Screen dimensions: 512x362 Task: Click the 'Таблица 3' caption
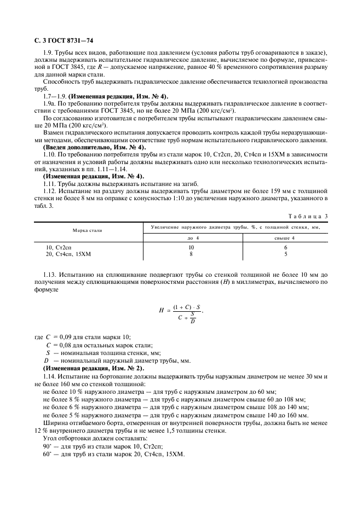tap(309, 217)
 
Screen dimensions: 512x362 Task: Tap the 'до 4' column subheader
tap(190, 238)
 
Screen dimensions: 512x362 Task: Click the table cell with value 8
tap(190, 254)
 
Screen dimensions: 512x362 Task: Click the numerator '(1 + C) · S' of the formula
tap(187, 307)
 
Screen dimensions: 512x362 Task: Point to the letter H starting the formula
tap(162, 310)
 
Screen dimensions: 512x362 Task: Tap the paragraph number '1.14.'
tap(50, 377)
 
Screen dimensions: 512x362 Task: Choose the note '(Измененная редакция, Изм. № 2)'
tap(93, 370)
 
